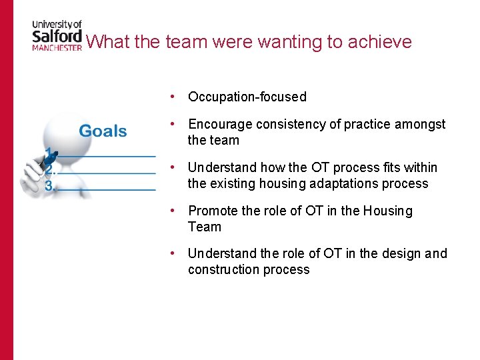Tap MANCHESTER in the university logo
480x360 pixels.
(57, 48)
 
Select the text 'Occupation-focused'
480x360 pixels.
(247, 97)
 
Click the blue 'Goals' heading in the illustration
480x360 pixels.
(103, 131)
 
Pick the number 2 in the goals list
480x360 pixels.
(49, 170)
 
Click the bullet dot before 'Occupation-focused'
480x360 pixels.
(173, 97)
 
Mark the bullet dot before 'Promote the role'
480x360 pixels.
(173, 211)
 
